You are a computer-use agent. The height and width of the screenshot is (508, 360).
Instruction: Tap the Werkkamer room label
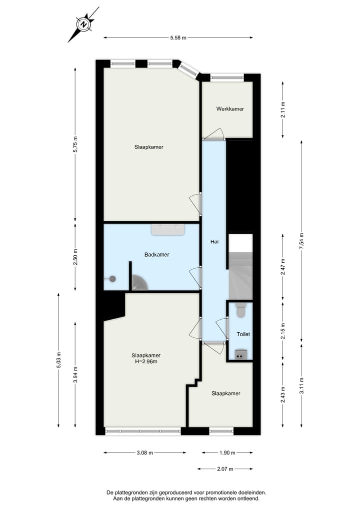tap(230, 109)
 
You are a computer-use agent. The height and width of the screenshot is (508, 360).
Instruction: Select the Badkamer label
tap(156, 254)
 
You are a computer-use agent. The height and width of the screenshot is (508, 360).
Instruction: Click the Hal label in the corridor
tap(214, 242)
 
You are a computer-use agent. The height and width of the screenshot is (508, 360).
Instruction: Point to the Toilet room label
tap(243, 334)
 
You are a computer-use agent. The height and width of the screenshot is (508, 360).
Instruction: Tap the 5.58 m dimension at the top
tap(178, 37)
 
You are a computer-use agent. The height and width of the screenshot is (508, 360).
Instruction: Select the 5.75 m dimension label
tap(75, 145)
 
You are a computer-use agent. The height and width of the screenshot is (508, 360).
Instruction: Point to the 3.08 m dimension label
tap(144, 453)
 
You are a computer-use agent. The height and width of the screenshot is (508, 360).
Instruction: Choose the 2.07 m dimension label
tap(225, 469)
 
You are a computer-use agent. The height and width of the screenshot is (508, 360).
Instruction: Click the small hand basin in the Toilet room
tap(239, 355)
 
